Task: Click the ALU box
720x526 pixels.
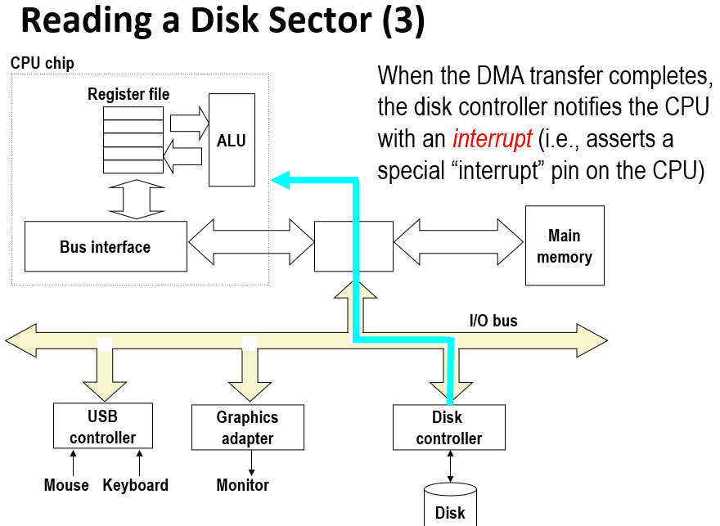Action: click(x=232, y=140)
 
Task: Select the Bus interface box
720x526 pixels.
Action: click(x=106, y=246)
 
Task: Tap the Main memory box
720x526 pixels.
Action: click(x=565, y=245)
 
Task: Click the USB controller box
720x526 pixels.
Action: click(x=102, y=426)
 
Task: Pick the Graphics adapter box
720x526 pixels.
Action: click(x=247, y=427)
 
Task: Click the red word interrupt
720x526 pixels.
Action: click(x=492, y=139)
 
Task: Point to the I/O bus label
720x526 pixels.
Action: click(x=493, y=321)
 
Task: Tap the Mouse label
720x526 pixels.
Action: click(x=66, y=485)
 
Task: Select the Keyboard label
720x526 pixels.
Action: click(x=136, y=485)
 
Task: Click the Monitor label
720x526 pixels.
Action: click(x=243, y=485)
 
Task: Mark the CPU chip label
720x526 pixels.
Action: click(x=43, y=63)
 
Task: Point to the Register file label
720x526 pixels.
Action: click(x=128, y=95)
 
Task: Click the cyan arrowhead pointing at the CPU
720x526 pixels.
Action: click(x=280, y=180)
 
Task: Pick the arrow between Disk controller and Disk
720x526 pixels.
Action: click(x=449, y=466)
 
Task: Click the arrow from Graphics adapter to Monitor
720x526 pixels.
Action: click(x=250, y=462)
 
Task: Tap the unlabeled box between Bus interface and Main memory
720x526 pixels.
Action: click(x=353, y=245)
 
